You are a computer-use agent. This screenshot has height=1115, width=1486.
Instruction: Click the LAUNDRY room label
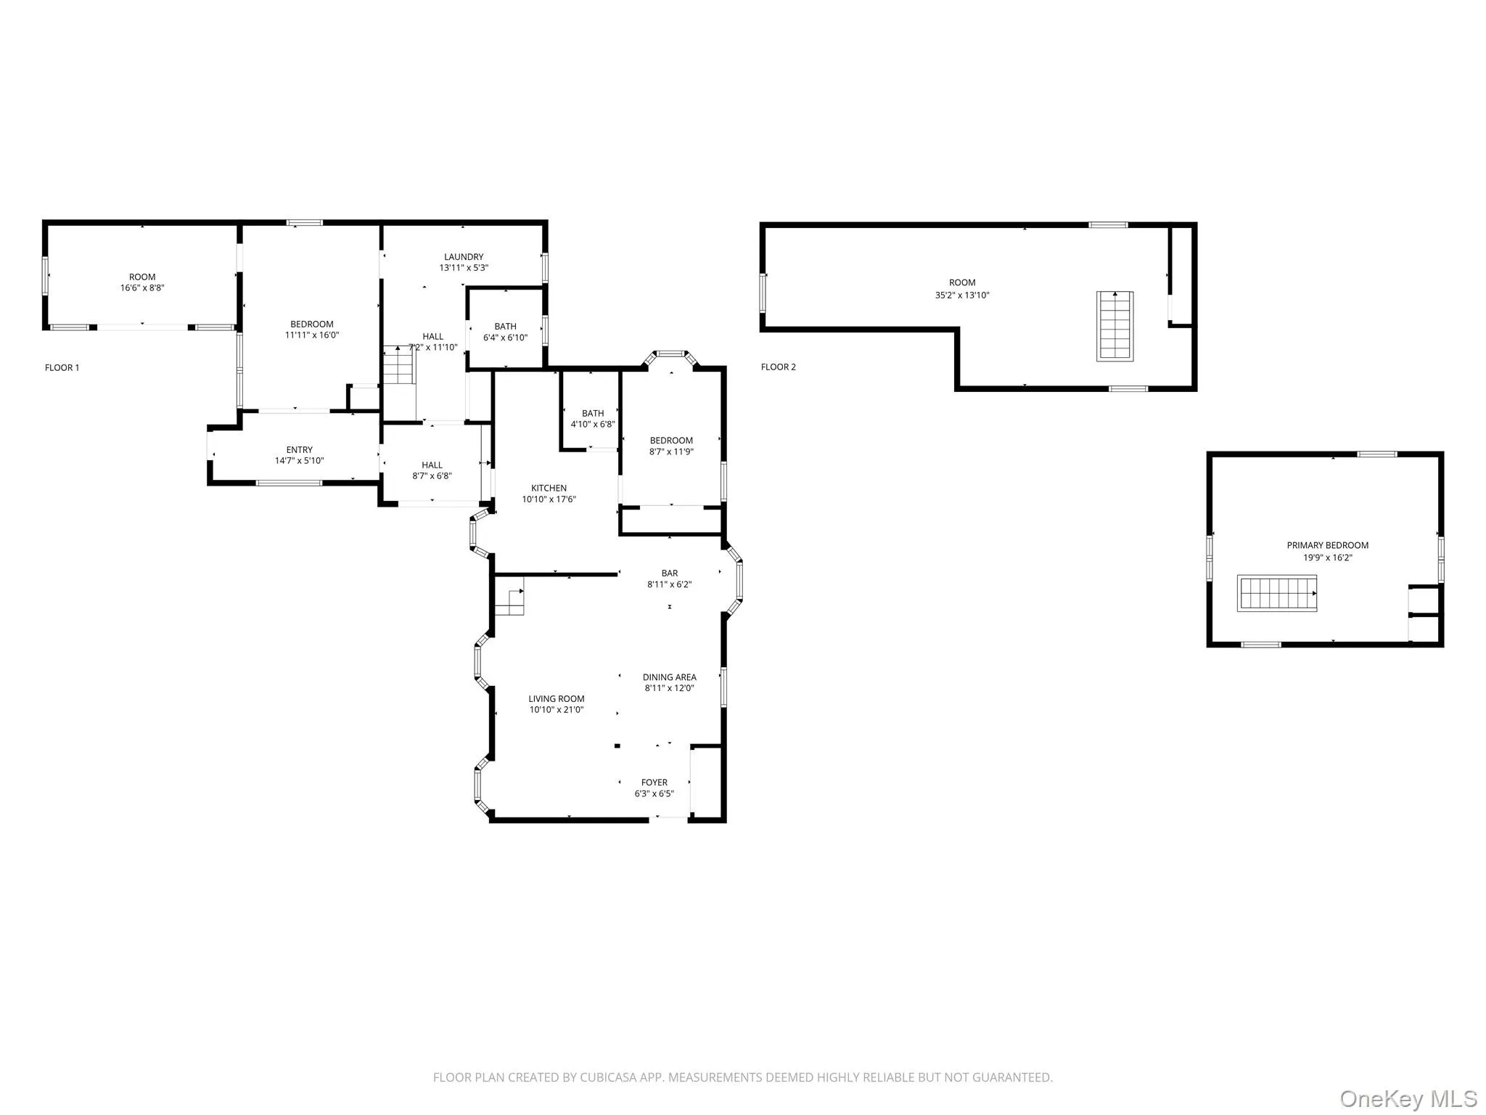[464, 257]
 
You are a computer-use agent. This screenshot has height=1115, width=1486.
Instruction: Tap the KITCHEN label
[549, 489]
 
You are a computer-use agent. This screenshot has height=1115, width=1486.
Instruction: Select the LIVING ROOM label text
[556, 699]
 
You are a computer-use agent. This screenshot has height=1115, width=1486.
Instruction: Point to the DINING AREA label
[669, 677]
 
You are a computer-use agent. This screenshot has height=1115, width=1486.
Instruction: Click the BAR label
[669, 573]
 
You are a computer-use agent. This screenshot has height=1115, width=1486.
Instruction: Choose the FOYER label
[654, 783]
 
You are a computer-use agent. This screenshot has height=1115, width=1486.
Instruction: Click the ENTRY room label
[299, 450]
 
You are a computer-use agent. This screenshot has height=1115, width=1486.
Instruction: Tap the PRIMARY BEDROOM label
[1327, 546]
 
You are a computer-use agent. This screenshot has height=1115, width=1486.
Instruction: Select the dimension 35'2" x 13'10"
[962, 295]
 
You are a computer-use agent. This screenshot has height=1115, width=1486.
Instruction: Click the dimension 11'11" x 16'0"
[311, 335]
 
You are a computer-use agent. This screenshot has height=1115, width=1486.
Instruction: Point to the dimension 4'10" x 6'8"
[592, 425]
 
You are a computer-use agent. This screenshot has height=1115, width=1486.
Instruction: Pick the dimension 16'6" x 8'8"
[142, 288]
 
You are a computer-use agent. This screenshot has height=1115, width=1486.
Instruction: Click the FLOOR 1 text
[62, 368]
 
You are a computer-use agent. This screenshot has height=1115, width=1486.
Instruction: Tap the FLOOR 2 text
[778, 367]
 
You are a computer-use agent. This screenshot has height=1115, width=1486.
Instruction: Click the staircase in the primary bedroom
[1276, 593]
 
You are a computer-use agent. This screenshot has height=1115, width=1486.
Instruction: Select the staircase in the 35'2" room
[1114, 326]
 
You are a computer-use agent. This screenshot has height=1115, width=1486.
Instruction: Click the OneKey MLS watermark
[1408, 1098]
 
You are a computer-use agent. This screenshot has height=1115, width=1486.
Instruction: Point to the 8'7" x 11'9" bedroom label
[671, 441]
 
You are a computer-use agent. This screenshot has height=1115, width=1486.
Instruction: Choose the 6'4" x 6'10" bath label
[505, 327]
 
